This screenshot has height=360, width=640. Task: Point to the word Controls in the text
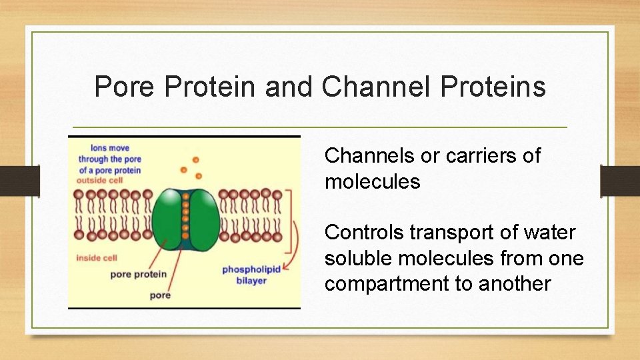coord(364,233)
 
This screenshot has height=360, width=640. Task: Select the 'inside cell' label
coord(97,257)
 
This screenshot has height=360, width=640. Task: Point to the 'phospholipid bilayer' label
coord(251,275)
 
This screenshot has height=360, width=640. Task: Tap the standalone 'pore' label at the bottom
coord(161,295)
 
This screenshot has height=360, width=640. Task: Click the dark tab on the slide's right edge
coord(619,181)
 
